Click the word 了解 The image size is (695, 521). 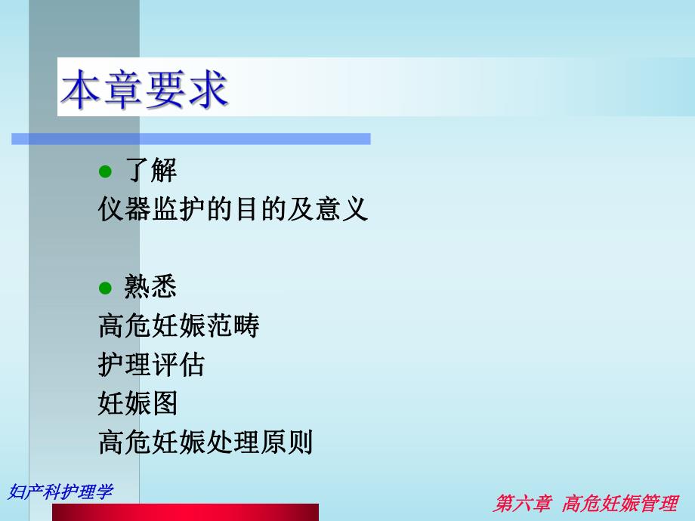pyautogui.click(x=150, y=171)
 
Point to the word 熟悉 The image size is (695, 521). pyautogui.click(x=150, y=287)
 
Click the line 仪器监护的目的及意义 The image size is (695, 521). pyautogui.click(x=233, y=208)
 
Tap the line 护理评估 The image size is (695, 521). pyautogui.click(x=151, y=365)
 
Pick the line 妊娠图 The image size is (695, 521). pyautogui.click(x=137, y=403)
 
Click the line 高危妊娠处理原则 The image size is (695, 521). pyautogui.click(x=205, y=442)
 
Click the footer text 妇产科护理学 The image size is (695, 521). pyautogui.click(x=60, y=491)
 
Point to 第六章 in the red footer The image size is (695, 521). pyautogui.click(x=522, y=504)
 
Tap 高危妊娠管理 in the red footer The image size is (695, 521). pyautogui.click(x=620, y=504)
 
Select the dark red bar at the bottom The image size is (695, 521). pyautogui.click(x=185, y=513)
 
